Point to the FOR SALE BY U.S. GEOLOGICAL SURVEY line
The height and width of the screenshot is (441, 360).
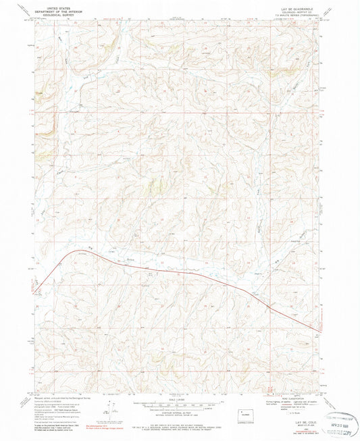click(180, 425)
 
